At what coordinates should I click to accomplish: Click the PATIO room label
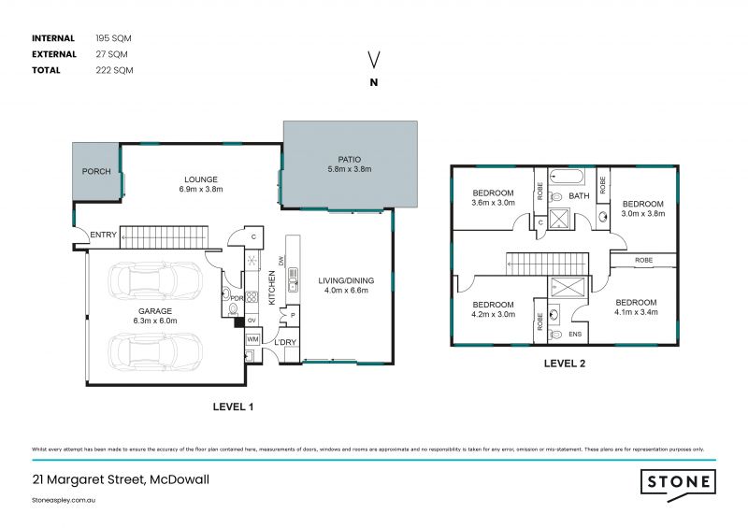tap(350, 159)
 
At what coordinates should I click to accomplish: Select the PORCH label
tap(96, 172)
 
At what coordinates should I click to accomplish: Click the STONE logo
tap(678, 482)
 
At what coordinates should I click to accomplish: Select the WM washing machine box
tap(252, 339)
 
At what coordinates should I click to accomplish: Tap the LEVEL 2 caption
tap(565, 364)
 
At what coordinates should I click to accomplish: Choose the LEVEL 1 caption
tap(232, 407)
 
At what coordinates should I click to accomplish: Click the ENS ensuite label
tap(576, 333)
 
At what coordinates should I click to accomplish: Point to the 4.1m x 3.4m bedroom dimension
tap(636, 312)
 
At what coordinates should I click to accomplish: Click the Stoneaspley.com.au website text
tap(65, 500)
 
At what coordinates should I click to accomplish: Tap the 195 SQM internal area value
tap(114, 38)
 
